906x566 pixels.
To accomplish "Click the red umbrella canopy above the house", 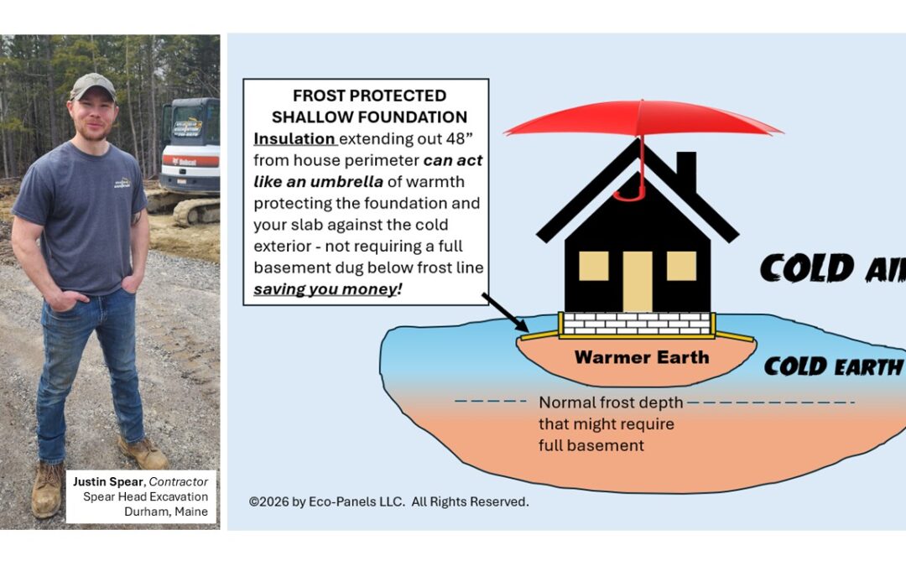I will (642, 118).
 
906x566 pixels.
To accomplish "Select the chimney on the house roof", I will (685, 171).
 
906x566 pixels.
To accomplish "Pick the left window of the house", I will (593, 266).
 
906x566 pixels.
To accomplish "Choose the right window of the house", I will (680, 266).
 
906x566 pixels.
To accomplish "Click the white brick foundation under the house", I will (637, 323).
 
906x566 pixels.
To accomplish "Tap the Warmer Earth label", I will (641, 357).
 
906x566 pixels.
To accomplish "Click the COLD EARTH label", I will (832, 366).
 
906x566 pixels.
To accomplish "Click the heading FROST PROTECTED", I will (369, 96).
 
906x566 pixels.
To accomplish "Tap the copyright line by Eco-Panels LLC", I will (389, 501).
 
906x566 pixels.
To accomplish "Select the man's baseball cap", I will (92, 85).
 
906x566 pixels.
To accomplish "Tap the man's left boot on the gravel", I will (143, 453).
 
